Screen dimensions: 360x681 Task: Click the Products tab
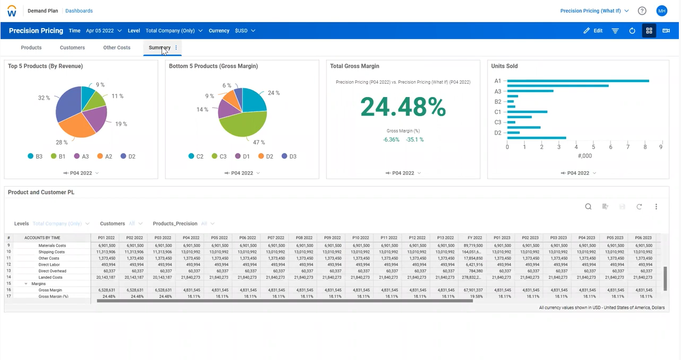pyautogui.click(x=31, y=48)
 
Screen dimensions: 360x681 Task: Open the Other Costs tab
pyautogui.click(x=117, y=48)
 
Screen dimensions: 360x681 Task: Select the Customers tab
pyautogui.click(x=72, y=48)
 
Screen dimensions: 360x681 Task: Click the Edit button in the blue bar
pyautogui.click(x=593, y=31)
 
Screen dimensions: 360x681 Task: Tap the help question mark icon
pyautogui.click(x=642, y=11)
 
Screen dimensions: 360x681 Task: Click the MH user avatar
pyautogui.click(x=661, y=11)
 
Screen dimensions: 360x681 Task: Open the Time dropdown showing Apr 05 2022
pyautogui.click(x=103, y=31)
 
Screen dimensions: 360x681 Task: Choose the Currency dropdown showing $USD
pyautogui.click(x=245, y=31)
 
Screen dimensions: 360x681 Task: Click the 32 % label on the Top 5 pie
pyautogui.click(x=44, y=98)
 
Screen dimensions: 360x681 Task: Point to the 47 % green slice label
pyautogui.click(x=259, y=143)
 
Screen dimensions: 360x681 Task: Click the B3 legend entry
pyautogui.click(x=35, y=156)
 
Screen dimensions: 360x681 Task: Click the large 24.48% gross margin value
pyautogui.click(x=403, y=107)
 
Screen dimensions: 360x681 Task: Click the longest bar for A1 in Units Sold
pyautogui.click(x=578, y=81)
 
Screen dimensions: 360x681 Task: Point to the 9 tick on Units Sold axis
pyautogui.click(x=660, y=147)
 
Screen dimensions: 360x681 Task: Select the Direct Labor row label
pyautogui.click(x=49, y=265)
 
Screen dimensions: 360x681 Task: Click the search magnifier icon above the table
pyautogui.click(x=588, y=207)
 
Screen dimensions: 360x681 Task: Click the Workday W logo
pyautogui.click(x=12, y=11)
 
